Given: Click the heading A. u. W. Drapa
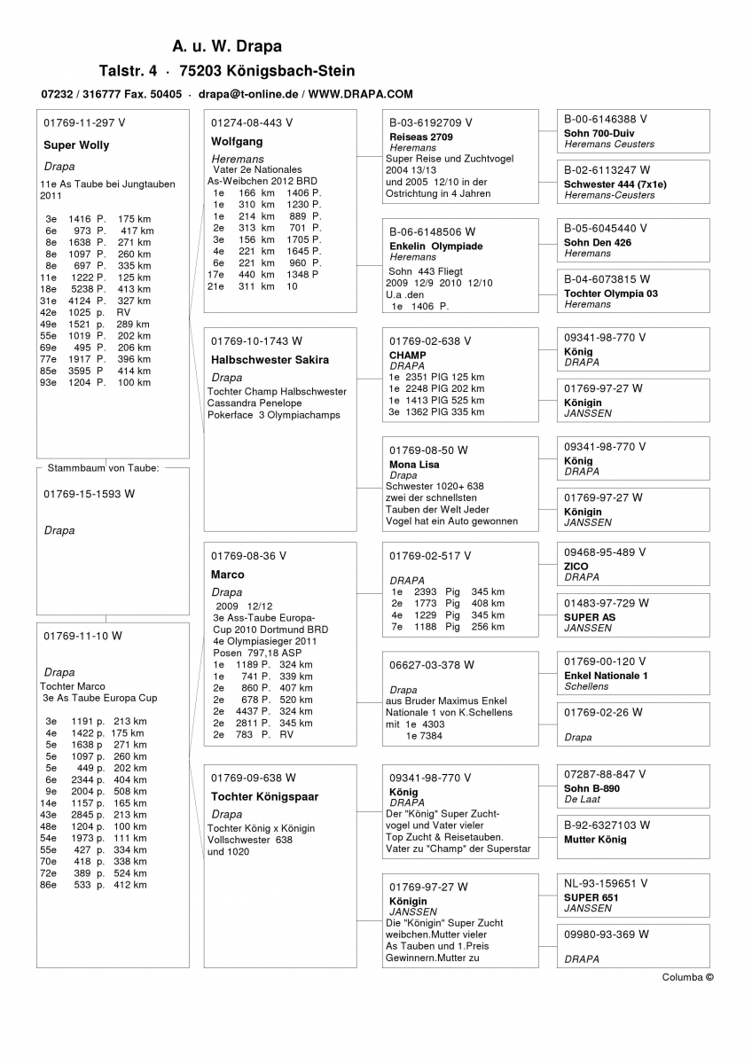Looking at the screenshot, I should tap(227, 46).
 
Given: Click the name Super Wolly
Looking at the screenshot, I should tap(76, 145).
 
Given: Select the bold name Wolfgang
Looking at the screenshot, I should tap(237, 142).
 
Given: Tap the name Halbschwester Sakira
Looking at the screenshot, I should tap(270, 360).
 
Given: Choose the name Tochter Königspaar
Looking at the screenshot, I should tap(264, 796).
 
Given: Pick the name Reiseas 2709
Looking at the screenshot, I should tap(421, 137).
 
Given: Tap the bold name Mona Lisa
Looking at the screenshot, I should tap(414, 465).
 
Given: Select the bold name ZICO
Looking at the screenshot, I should tap(576, 567).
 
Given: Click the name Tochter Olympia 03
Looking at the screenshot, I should tap(611, 293).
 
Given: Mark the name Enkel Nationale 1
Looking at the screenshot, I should tap(606, 676).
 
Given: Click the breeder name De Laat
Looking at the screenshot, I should tap(583, 799).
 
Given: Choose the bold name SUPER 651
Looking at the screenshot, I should tap(591, 897).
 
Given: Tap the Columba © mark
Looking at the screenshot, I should tap(687, 977).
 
